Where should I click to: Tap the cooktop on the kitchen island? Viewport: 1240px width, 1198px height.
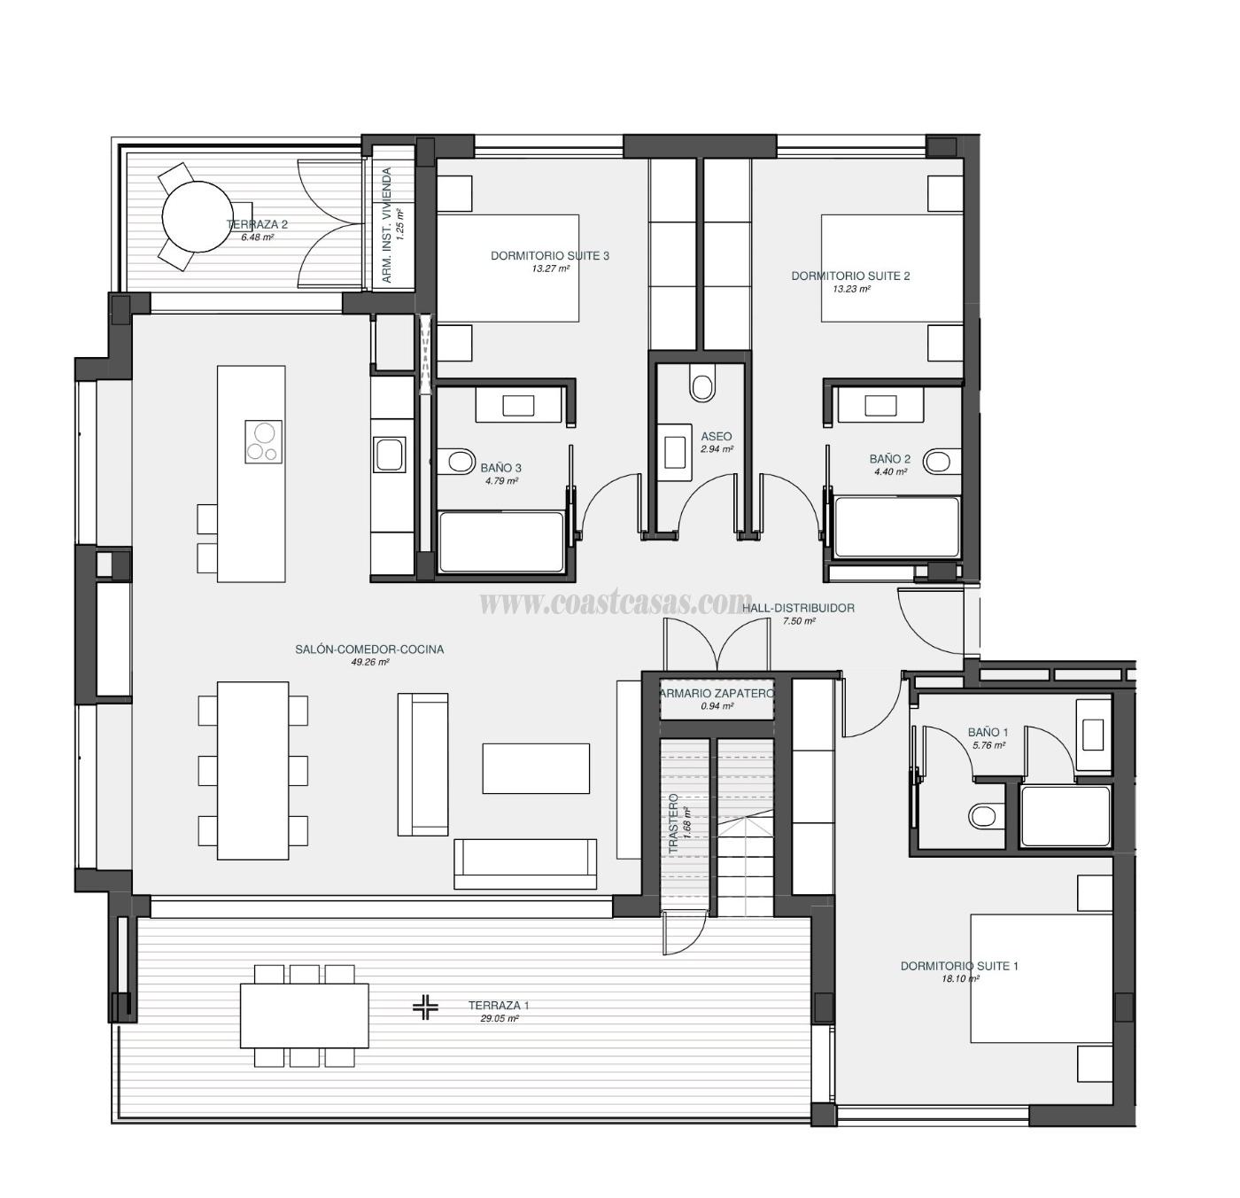(263, 441)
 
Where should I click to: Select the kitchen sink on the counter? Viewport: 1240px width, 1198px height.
(390, 455)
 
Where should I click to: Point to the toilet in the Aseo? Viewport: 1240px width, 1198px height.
(702, 386)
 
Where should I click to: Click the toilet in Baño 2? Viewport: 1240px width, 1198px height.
(939, 461)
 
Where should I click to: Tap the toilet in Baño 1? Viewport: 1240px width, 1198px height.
(984, 814)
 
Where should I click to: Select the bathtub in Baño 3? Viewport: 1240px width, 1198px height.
(501, 542)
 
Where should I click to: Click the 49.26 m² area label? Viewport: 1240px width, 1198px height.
(370, 662)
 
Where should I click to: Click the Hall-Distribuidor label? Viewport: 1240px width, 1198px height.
(798, 608)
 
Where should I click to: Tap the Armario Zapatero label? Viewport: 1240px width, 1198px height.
(717, 693)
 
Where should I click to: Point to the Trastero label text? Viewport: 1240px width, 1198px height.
(673, 824)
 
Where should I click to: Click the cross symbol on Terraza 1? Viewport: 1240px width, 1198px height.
(426, 1007)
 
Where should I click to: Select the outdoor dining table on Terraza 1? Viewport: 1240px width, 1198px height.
(305, 1015)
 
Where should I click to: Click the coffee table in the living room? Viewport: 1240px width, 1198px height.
(536, 768)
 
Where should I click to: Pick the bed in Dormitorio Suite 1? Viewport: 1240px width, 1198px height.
(1041, 979)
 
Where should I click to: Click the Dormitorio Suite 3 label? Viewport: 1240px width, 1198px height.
(550, 256)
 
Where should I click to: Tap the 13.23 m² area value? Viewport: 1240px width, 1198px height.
(851, 289)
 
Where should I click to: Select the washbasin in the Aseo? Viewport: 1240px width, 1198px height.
(676, 447)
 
